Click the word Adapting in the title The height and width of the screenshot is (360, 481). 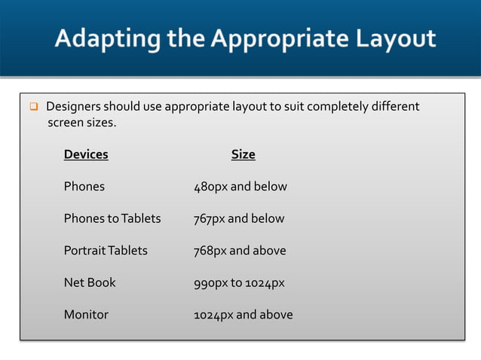pyautogui.click(x=100, y=38)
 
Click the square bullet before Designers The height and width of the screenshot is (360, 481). pyautogui.click(x=33, y=107)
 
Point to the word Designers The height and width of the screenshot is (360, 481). pyautogui.click(x=73, y=106)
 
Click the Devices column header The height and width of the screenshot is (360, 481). pyautogui.click(x=86, y=154)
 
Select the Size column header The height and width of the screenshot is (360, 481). pyautogui.click(x=243, y=154)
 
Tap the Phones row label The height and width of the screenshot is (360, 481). pyautogui.click(x=84, y=186)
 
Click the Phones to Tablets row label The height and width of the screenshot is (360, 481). pyautogui.click(x=112, y=218)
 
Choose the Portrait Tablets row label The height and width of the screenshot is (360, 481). pyautogui.click(x=106, y=250)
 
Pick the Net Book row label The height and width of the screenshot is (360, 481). pyautogui.click(x=90, y=282)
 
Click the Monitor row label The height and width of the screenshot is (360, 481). pyautogui.click(x=86, y=314)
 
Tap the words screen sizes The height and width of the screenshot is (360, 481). pyautogui.click(x=82, y=122)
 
